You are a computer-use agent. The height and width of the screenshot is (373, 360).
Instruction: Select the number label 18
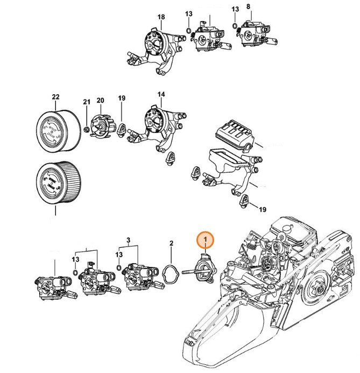point(160,17)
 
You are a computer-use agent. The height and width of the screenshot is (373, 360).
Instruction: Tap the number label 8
point(248,6)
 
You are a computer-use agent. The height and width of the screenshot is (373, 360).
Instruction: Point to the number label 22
point(55,97)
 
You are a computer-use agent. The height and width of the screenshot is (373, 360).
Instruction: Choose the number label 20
point(100,100)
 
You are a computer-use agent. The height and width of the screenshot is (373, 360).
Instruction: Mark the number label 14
point(160,94)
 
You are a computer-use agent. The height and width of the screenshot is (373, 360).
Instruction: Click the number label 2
point(171,243)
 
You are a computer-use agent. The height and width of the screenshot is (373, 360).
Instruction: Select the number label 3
point(128,239)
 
